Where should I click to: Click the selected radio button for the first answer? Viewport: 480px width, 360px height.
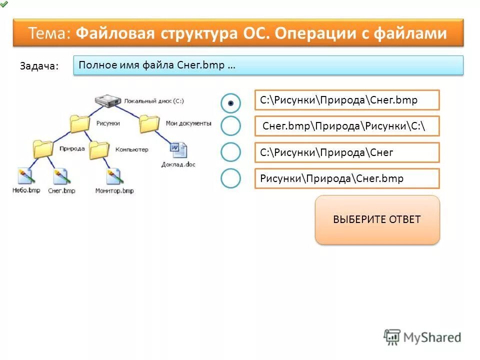(x=230, y=103)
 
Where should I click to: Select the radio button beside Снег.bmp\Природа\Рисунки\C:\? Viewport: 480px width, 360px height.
(x=230, y=126)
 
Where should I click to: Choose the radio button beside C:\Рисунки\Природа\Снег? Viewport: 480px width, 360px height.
(x=230, y=152)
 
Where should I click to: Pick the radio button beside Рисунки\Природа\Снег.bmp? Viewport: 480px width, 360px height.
(x=230, y=178)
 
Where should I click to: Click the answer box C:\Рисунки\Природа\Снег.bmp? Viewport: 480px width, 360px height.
(x=346, y=100)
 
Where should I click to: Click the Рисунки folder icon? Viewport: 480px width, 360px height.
(x=80, y=123)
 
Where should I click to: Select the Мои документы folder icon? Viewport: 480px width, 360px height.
(x=149, y=123)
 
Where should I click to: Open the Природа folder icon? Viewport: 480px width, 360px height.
(x=43, y=149)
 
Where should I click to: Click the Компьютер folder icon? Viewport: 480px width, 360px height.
(x=99, y=149)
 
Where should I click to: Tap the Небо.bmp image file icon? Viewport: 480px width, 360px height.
(x=25, y=175)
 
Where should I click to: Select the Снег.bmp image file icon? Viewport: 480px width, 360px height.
(x=61, y=175)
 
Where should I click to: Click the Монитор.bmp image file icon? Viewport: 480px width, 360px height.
(x=114, y=175)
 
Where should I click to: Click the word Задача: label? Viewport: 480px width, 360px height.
(x=39, y=66)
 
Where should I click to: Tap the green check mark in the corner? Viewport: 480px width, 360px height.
(x=4, y=3)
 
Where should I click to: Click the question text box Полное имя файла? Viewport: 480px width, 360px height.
(x=268, y=65)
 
